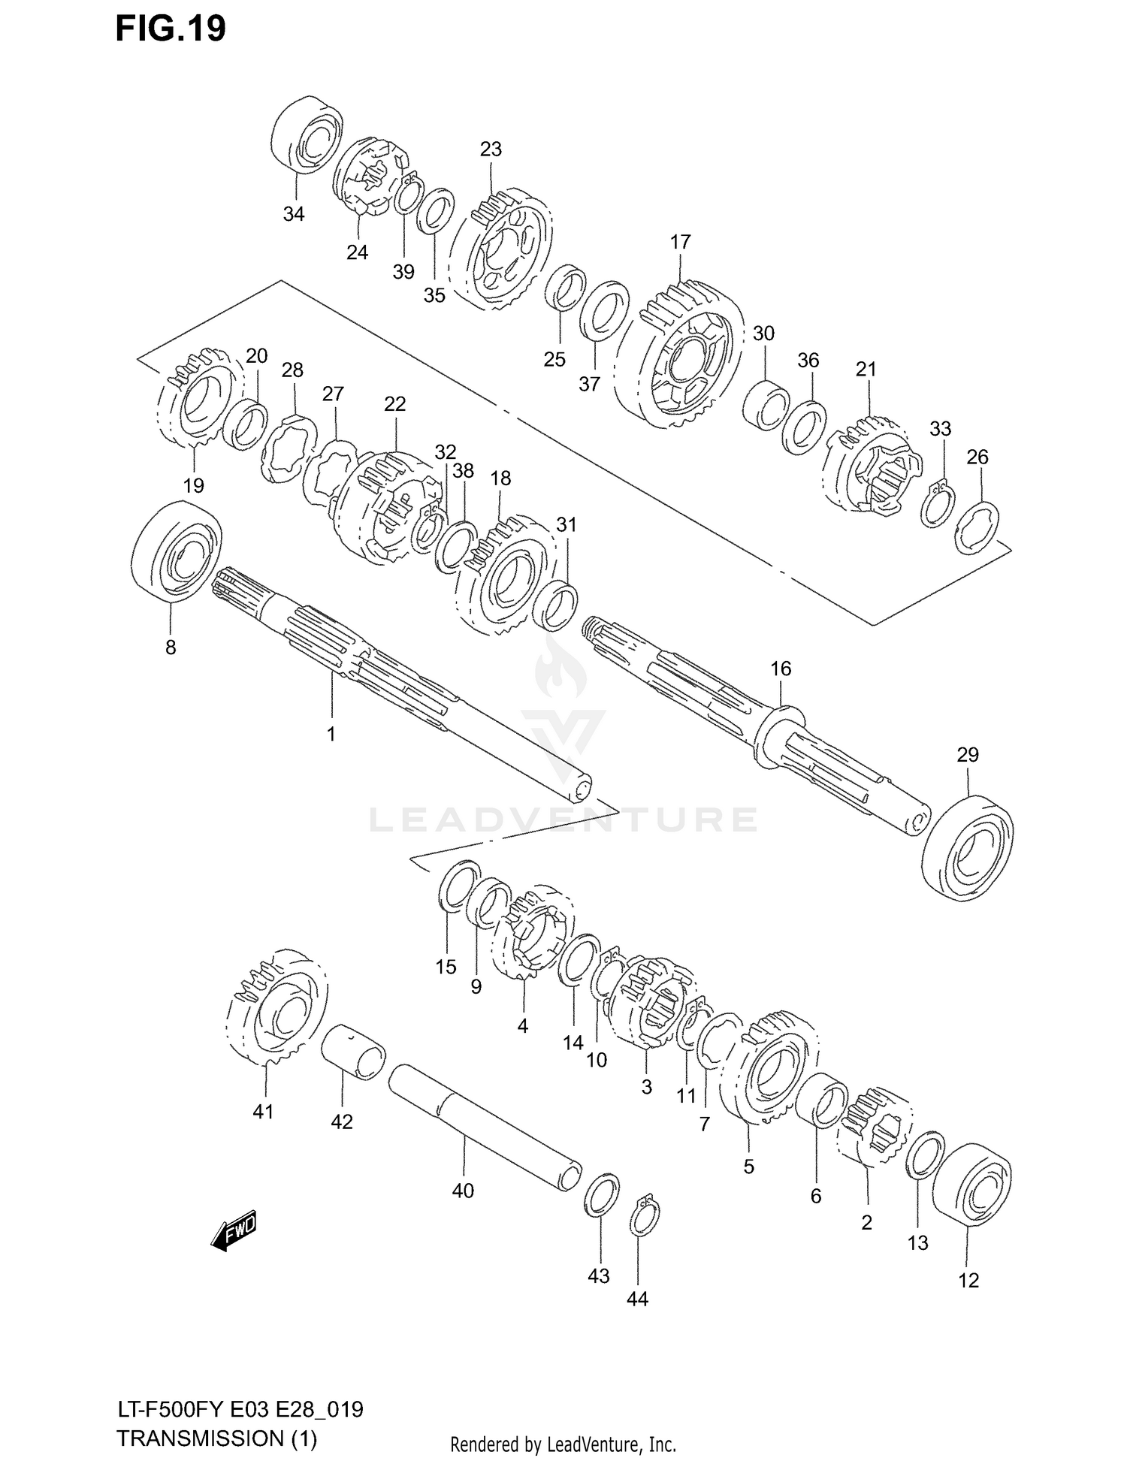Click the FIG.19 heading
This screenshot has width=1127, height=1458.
[171, 29]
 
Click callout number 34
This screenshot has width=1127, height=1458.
[294, 214]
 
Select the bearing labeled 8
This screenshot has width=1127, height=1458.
[176, 551]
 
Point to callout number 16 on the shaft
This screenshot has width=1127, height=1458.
[781, 669]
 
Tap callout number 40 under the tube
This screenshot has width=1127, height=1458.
[463, 1191]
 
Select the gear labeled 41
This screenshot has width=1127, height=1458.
[276, 1007]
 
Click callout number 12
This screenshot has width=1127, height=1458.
[968, 1281]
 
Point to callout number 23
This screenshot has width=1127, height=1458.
[491, 149]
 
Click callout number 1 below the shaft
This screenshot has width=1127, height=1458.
[331, 734]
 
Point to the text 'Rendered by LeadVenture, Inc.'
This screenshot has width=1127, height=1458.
[563, 1444]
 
